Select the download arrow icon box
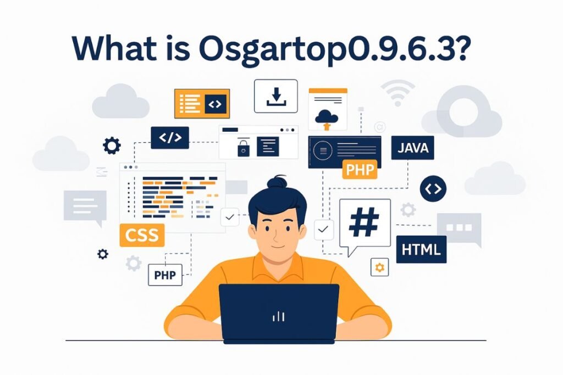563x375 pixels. (x=275, y=96)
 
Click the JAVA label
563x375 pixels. (x=412, y=148)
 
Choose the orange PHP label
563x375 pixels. (x=360, y=170)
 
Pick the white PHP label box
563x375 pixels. (x=165, y=275)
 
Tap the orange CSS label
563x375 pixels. (x=142, y=235)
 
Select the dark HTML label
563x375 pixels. (x=421, y=249)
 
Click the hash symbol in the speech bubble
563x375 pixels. (x=364, y=222)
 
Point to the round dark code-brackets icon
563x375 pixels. (x=433, y=189)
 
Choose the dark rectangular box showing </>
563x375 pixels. (x=169, y=137)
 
